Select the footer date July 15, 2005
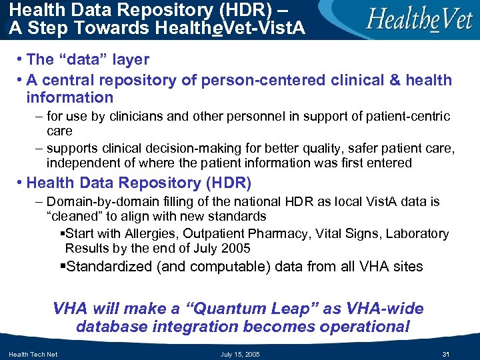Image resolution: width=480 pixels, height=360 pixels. click(x=241, y=354)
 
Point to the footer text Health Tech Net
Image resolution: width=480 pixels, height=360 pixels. click(x=33, y=354)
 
